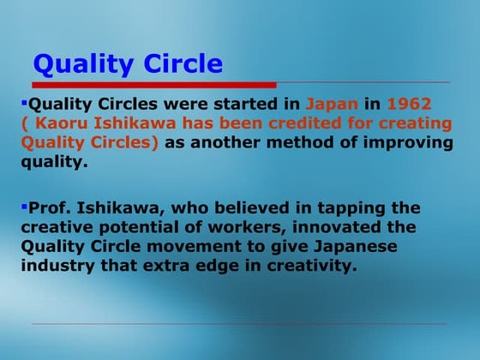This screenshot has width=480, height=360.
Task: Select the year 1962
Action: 409,104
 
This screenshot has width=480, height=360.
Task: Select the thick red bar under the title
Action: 154,85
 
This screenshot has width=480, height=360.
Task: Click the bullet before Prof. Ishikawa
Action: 24,206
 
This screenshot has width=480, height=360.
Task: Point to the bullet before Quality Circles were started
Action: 24,102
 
